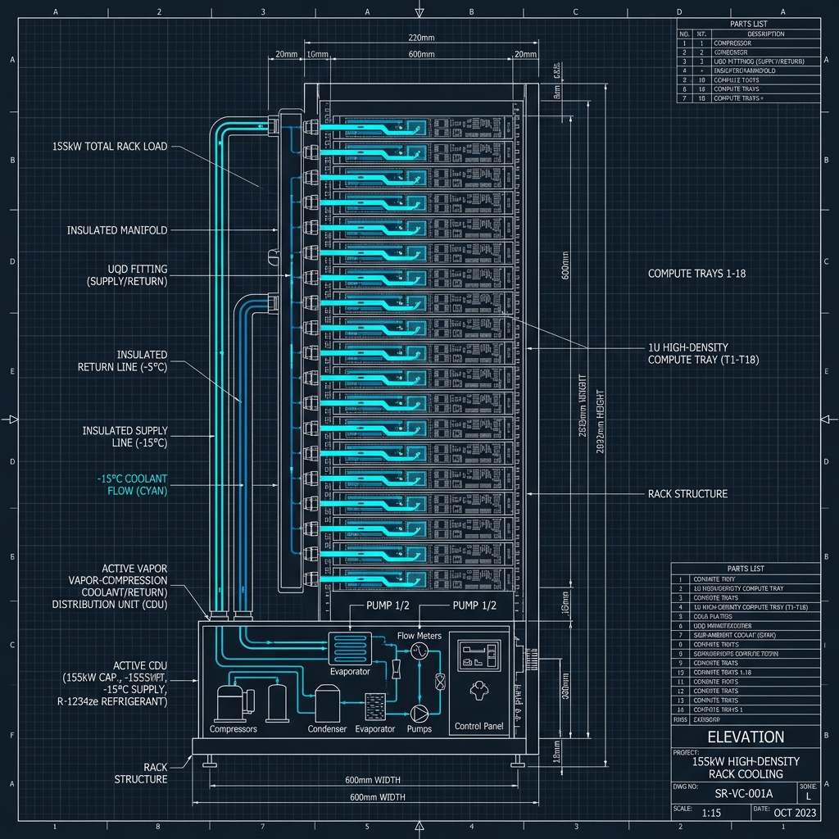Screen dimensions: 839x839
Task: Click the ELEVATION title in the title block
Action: [745, 737]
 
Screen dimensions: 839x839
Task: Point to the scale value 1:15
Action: [711, 813]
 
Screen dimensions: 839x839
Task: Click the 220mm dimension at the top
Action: [420, 38]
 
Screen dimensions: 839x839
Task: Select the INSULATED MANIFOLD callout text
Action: [117, 231]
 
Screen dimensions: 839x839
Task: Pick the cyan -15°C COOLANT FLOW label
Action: [132, 484]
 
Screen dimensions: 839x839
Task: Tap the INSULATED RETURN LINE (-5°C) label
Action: [122, 361]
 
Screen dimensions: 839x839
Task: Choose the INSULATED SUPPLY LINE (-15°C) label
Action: [125, 437]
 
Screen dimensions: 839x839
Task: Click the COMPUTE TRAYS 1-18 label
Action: [697, 273]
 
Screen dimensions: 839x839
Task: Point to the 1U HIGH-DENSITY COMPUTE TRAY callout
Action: [699, 353]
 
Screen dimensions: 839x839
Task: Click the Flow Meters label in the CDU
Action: [419, 635]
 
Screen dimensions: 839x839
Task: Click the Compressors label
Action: [234, 728]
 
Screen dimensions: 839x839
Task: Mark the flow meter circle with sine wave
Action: [419, 651]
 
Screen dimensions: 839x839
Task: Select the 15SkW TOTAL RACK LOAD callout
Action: [110, 147]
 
